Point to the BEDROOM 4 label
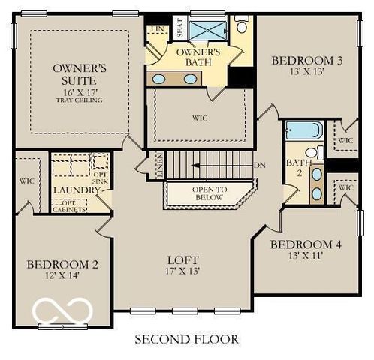300,244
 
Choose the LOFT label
183,259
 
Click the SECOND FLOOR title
186,339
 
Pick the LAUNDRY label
76,190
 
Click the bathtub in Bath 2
303,130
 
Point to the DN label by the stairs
260,165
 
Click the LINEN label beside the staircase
158,165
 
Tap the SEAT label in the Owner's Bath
179,29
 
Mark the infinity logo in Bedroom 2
64,310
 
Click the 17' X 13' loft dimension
183,271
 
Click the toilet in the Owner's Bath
242,25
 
